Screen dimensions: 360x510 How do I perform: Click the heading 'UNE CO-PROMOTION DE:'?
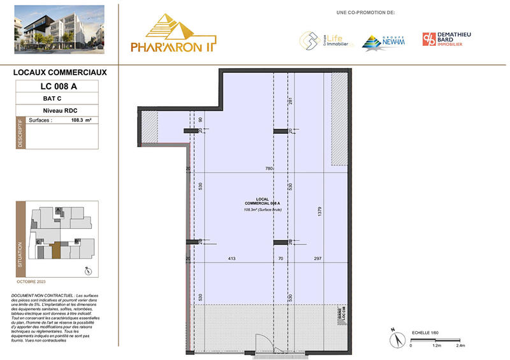click(365, 12)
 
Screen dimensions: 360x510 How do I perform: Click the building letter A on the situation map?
click(58, 210)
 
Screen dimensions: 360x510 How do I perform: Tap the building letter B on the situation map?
click(76, 240)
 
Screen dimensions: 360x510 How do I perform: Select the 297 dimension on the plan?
click(316, 259)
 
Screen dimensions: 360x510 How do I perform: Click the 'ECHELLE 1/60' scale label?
click(426, 333)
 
